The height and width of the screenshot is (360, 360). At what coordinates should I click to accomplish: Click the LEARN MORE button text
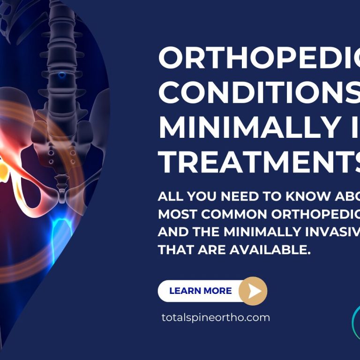point(200,291)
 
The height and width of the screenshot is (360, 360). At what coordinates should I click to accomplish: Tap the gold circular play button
point(253,291)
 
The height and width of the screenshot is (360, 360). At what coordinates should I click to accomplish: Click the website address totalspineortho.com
point(216,317)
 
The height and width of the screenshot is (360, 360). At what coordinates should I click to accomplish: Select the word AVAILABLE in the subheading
point(270,250)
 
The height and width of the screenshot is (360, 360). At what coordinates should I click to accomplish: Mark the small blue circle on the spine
point(62,75)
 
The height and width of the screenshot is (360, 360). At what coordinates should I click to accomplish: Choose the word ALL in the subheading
point(168,197)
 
